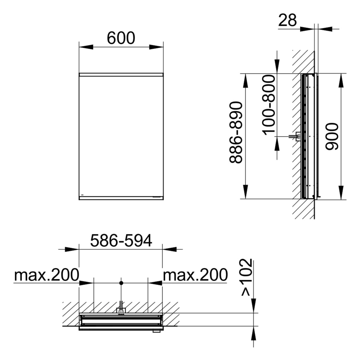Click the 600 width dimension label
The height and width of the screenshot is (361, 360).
click(x=121, y=38)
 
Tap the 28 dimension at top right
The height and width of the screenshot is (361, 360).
click(x=287, y=20)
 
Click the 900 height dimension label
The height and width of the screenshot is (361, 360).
click(x=332, y=137)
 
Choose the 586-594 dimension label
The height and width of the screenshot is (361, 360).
click(x=121, y=241)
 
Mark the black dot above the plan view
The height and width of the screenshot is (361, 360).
click(x=121, y=283)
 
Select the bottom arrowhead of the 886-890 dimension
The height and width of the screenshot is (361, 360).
click(x=245, y=191)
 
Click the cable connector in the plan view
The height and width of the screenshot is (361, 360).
click(x=121, y=310)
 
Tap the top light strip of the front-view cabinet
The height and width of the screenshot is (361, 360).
click(x=121, y=75)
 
